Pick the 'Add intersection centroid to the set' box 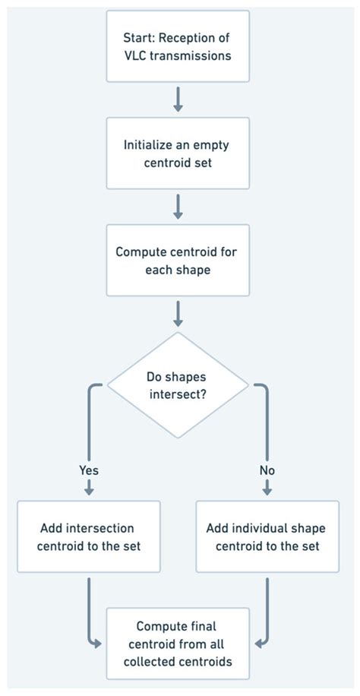[x=89, y=536]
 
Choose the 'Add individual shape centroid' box [x=267, y=536]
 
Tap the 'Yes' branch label [x=89, y=470]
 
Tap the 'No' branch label [x=267, y=470]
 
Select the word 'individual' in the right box [x=267, y=527]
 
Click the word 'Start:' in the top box [x=139, y=37]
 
